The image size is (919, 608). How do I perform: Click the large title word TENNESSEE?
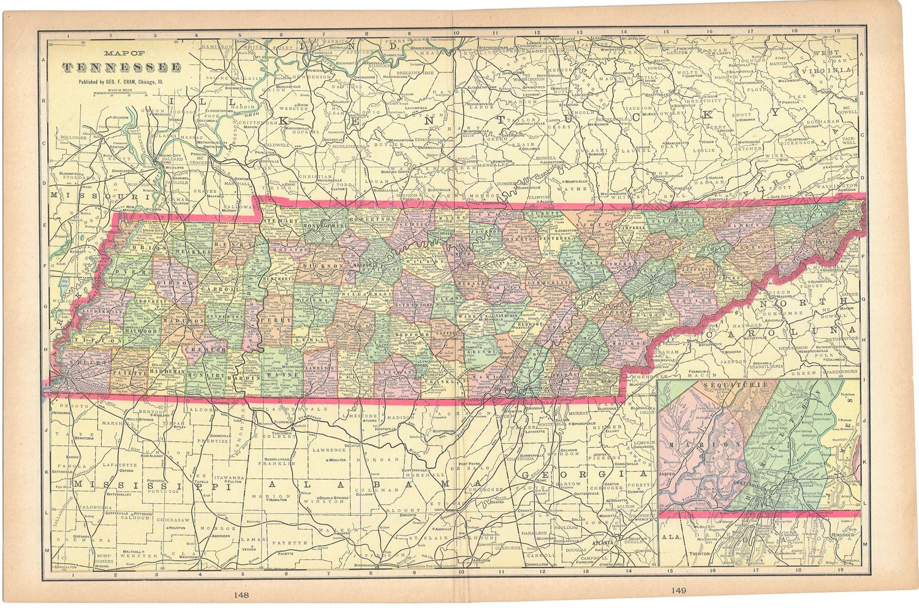122,67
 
